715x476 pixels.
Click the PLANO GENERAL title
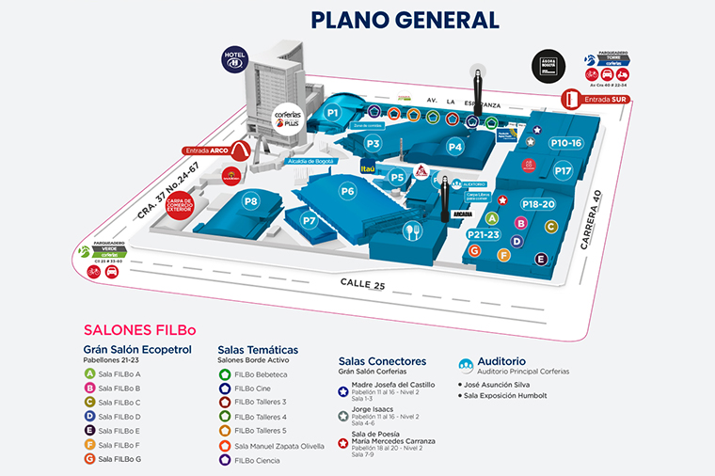tap(405, 20)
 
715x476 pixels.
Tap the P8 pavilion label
tap(251, 201)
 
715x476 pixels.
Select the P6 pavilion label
tap(348, 191)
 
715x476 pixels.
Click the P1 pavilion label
tap(332, 113)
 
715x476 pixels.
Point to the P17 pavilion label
tap(564, 171)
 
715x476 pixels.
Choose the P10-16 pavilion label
tap(566, 143)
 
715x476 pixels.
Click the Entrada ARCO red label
tap(209, 150)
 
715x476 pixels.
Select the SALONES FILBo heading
tap(139, 330)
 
